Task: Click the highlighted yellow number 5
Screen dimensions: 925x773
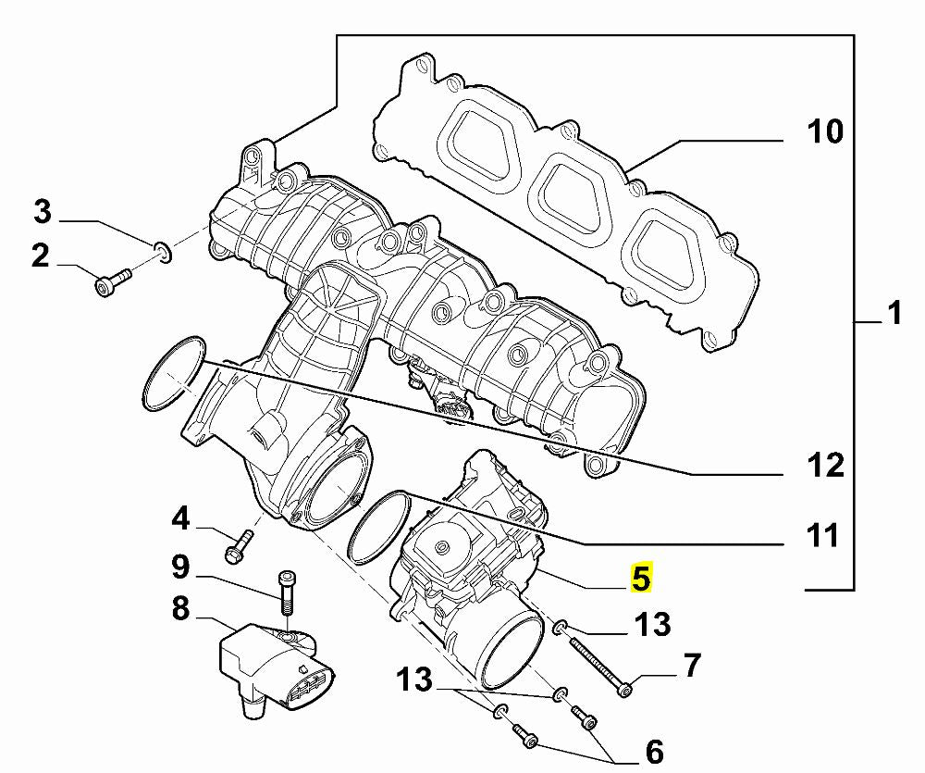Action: pos(641,577)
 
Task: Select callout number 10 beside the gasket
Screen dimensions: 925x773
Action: pos(825,131)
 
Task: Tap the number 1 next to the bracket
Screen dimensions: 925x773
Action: pos(894,313)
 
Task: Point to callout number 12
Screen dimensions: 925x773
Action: pos(826,465)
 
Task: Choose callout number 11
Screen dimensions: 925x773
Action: pos(822,536)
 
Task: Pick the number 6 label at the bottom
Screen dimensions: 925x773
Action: pos(654,752)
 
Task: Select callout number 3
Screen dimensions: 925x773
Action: pos(43,211)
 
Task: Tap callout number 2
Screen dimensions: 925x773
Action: pos(40,256)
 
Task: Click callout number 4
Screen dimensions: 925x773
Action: pos(180,518)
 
